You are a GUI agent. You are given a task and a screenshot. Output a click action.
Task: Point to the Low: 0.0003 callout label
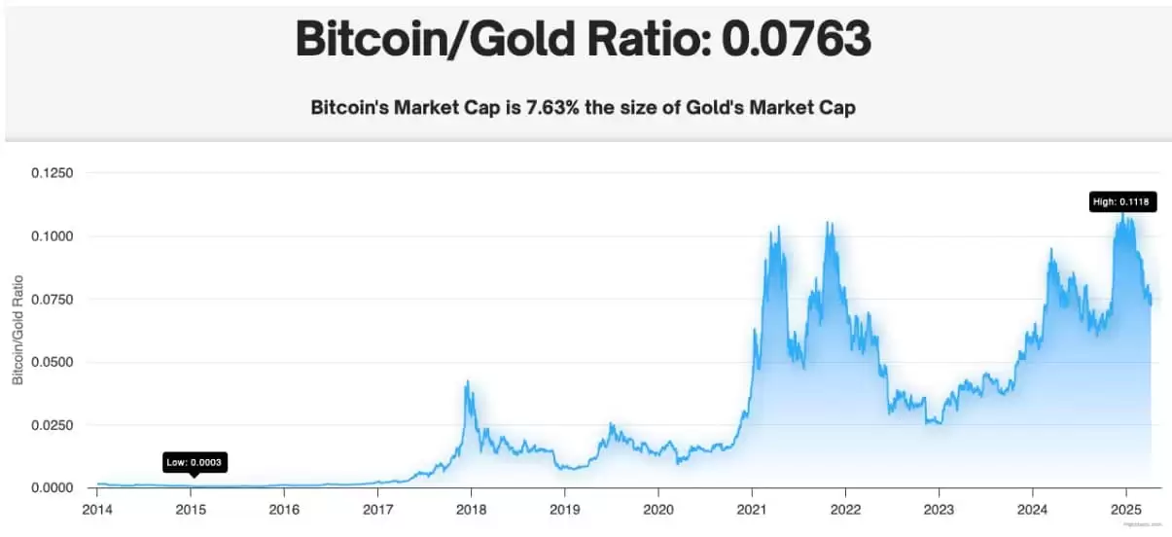click(x=195, y=462)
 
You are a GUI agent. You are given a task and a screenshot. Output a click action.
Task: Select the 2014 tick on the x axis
click(x=97, y=510)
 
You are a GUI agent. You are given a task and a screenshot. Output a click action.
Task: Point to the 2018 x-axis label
click(x=471, y=510)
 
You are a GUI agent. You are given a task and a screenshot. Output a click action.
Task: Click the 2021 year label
click(x=752, y=510)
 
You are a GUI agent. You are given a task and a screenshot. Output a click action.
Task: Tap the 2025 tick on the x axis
click(x=1125, y=510)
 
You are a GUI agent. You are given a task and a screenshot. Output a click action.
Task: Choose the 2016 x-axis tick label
click(x=284, y=510)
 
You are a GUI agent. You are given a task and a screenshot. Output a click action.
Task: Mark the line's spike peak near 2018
click(x=467, y=381)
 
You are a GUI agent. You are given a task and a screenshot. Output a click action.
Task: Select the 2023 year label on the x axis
click(x=939, y=510)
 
